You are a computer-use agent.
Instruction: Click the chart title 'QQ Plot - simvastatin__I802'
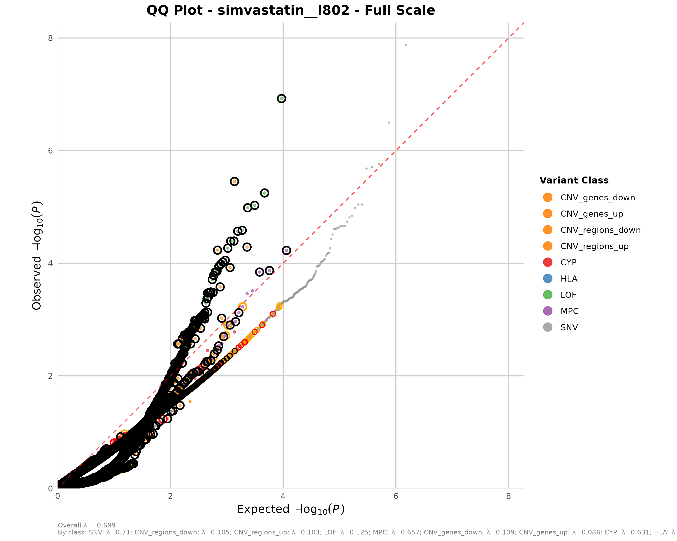pyautogui.click(x=290, y=10)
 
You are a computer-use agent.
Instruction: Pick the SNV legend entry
pyautogui.click(x=569, y=328)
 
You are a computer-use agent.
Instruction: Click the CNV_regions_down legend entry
pyautogui.click(x=600, y=230)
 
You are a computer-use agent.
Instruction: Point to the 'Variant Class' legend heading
pyautogui.click(x=574, y=180)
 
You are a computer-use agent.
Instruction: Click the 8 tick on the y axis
pyautogui.click(x=50, y=38)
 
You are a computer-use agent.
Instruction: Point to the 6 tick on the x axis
pyautogui.click(x=396, y=496)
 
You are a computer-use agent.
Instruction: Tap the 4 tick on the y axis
pyautogui.click(x=50, y=263)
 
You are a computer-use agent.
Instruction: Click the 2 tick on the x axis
pyautogui.click(x=170, y=496)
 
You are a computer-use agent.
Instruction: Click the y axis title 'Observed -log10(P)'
pyautogui.click(x=37, y=255)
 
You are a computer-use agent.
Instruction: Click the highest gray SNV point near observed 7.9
pyautogui.click(x=406, y=45)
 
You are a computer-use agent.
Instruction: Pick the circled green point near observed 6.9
pyautogui.click(x=281, y=99)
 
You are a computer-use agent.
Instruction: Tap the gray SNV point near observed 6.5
pyautogui.click(x=389, y=123)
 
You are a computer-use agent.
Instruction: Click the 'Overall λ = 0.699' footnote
pyautogui.click(x=86, y=525)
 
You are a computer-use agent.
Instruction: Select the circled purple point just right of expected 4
pyautogui.click(x=286, y=250)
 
